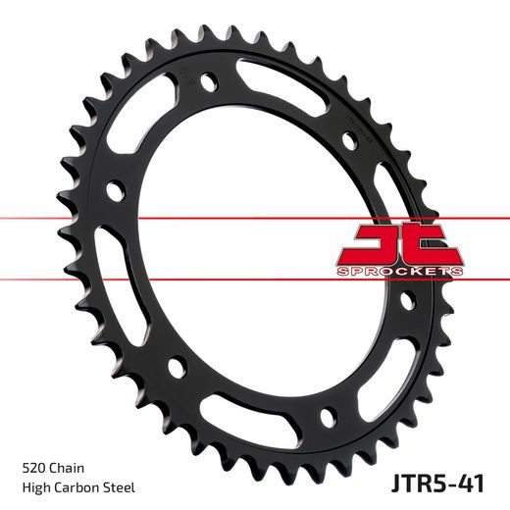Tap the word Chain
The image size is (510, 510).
tap(66, 469)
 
